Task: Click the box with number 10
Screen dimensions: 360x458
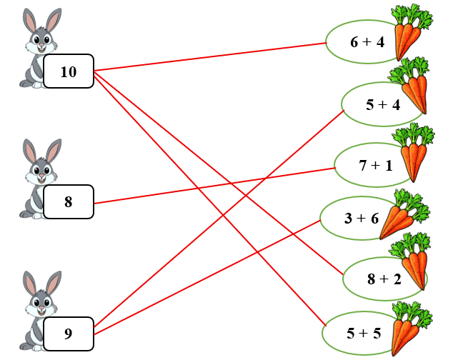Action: [x=69, y=71]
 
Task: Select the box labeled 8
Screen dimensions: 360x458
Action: [x=69, y=201]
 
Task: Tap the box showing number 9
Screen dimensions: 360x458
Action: [x=69, y=333]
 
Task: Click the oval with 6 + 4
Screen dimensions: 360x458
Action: [x=364, y=42]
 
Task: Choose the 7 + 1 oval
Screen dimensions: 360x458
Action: [x=373, y=166]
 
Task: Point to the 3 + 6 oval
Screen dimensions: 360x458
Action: [x=357, y=218]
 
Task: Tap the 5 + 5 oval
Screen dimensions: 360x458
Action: [x=362, y=333]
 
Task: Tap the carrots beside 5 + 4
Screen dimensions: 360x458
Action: [x=412, y=86]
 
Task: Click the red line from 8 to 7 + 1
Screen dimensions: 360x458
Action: [x=214, y=185]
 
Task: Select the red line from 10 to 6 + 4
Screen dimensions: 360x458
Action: [x=211, y=56]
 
